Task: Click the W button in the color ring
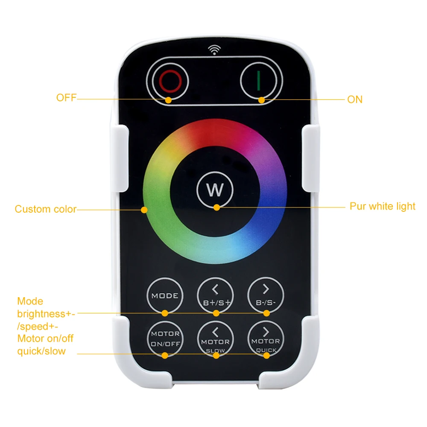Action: coord(215,189)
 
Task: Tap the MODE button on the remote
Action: coord(165,296)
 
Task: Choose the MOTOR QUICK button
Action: coord(266,339)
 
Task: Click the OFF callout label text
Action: coord(66,98)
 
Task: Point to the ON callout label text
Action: coord(354,99)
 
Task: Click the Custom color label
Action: coord(45,209)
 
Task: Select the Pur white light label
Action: coord(382,206)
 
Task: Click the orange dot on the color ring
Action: coord(144,210)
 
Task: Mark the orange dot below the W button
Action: coord(217,208)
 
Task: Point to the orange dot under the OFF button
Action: coord(169,100)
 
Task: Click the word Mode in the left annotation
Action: coord(30,301)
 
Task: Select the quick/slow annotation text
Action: coord(41,351)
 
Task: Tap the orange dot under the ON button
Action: coord(261,100)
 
